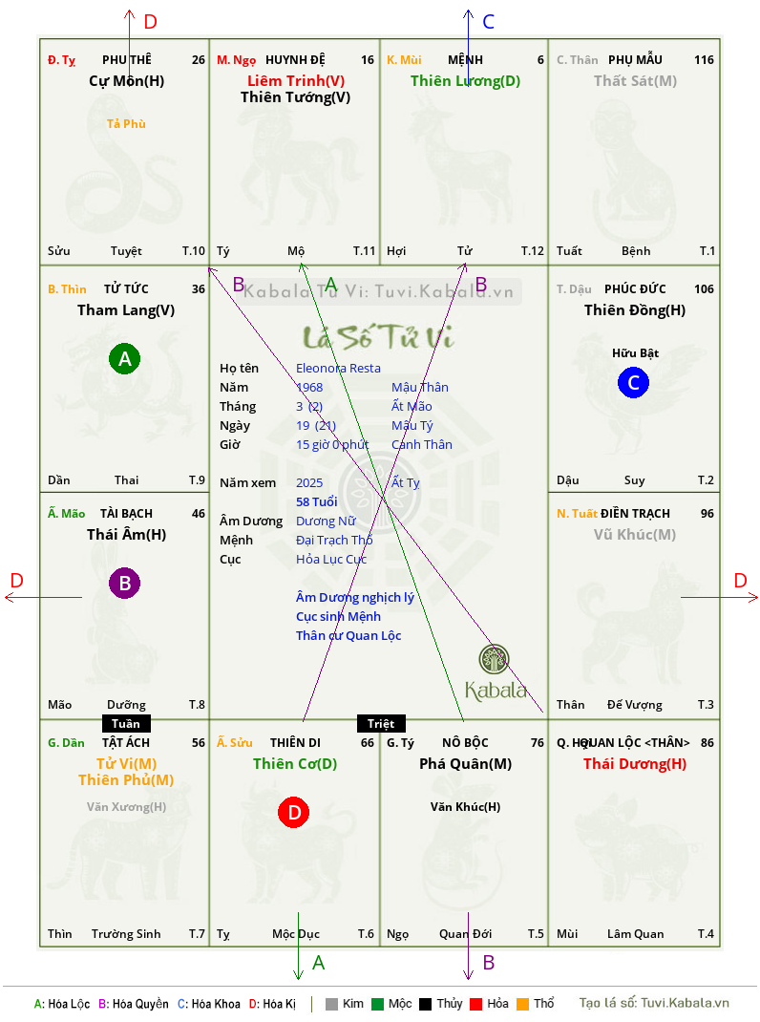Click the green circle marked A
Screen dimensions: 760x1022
(124, 358)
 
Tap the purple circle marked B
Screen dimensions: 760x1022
(124, 583)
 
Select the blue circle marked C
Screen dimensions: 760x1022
(633, 382)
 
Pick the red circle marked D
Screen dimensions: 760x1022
(294, 812)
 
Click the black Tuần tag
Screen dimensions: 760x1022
(126, 723)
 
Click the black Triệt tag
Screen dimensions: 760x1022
(381, 723)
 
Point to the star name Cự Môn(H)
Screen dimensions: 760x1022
(126, 81)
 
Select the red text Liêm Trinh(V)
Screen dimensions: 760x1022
(296, 81)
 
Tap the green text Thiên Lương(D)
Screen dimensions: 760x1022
(465, 81)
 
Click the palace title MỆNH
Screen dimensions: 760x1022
(465, 60)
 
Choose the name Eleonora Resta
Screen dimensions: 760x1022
(338, 369)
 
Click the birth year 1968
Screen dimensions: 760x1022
(309, 387)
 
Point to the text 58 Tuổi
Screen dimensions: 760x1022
(317, 501)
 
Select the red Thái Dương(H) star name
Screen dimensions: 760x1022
(635, 764)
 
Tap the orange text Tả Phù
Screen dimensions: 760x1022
(126, 124)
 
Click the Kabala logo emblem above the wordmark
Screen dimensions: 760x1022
(494, 659)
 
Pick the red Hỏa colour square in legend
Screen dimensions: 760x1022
(475, 1004)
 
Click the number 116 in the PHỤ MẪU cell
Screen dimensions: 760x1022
(704, 60)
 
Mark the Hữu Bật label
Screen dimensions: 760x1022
(636, 353)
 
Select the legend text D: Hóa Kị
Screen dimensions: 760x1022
(272, 1004)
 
